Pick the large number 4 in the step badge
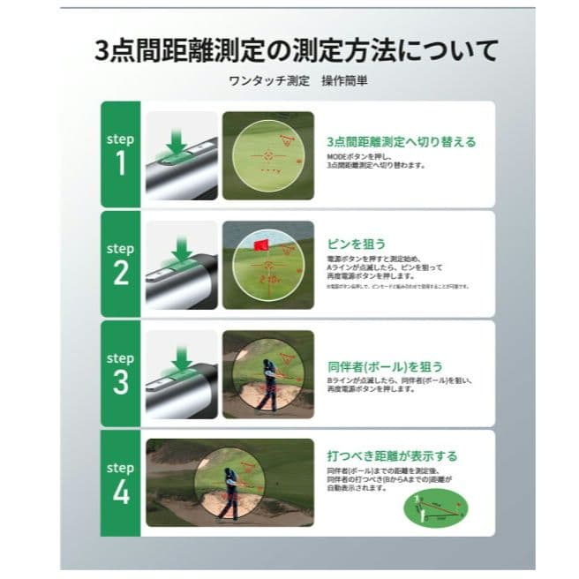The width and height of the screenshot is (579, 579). coord(121,491)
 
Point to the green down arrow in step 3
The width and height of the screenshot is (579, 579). coord(181,357)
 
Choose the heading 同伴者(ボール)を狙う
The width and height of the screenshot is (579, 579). coord(383,365)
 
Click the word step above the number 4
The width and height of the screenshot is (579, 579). coord(120,468)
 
